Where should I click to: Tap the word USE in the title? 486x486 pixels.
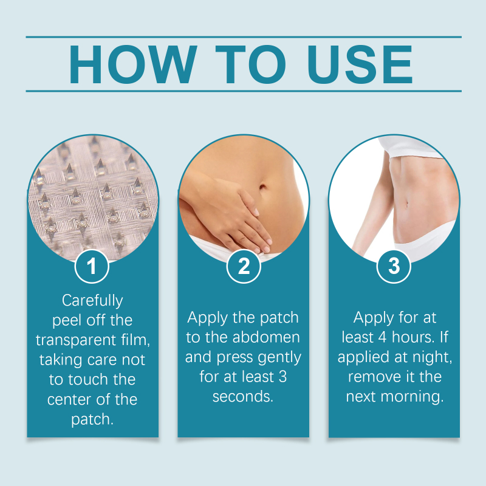[360, 64]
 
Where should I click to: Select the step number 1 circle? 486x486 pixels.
[92, 266]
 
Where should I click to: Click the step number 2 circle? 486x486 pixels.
[244, 266]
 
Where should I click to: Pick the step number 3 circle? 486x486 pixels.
[394, 266]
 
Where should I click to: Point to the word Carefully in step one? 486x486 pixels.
[92, 301]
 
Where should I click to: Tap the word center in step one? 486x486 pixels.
[68, 400]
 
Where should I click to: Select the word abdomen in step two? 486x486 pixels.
[266, 337]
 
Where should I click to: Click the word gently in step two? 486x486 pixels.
[279, 358]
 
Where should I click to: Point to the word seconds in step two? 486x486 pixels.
[242, 397]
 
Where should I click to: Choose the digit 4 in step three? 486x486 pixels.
[383, 337]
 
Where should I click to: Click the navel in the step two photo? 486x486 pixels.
[262, 187]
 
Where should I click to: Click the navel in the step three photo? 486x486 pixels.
[406, 205]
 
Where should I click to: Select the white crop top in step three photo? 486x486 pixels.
[409, 148]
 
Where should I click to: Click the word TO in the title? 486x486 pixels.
[250, 64]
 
